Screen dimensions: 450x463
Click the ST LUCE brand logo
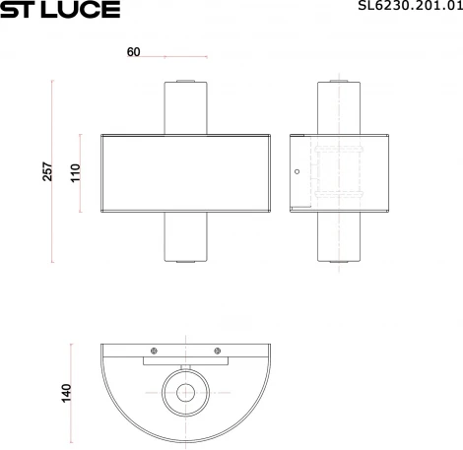[x=59, y=10]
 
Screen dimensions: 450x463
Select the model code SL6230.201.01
[x=407, y=9]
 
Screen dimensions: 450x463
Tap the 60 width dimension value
[x=133, y=53]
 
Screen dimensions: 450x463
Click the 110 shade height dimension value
[x=74, y=172]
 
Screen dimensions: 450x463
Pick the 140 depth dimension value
[x=66, y=392]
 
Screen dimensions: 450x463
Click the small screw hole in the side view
[x=297, y=171]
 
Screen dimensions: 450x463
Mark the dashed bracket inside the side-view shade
[x=340, y=171]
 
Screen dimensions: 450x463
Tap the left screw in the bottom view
[x=153, y=352]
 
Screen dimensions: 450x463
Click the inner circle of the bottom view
[x=184, y=392]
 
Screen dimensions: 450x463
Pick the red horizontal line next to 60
[x=184, y=55]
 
